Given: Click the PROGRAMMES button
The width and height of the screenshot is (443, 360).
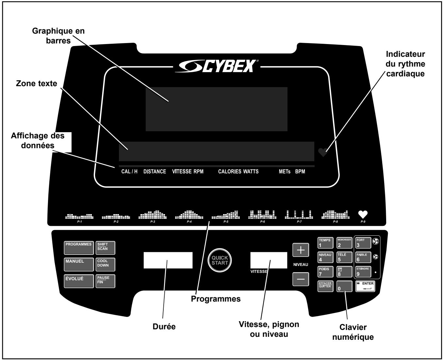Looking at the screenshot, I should click(x=79, y=248).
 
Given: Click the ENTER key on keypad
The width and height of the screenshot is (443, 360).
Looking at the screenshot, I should click(x=365, y=286).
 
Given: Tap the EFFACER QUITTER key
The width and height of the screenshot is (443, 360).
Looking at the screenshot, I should click(x=325, y=286).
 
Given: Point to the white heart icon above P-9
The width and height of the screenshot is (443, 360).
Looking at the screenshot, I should click(x=363, y=214).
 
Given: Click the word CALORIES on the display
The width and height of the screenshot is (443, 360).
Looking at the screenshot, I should click(x=230, y=172).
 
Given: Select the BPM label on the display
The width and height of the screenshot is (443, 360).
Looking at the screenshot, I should click(x=300, y=172).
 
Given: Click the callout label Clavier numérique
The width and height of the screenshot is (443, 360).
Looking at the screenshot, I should click(x=353, y=332).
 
